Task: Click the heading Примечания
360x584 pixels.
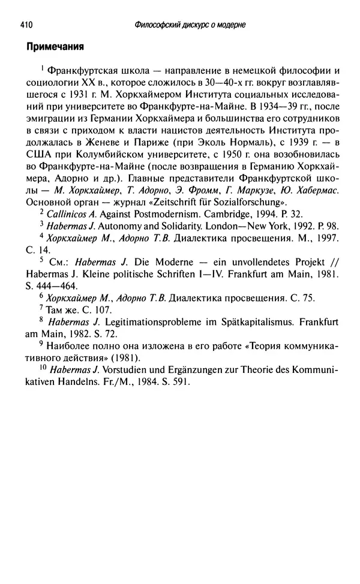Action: [x=53, y=46]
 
